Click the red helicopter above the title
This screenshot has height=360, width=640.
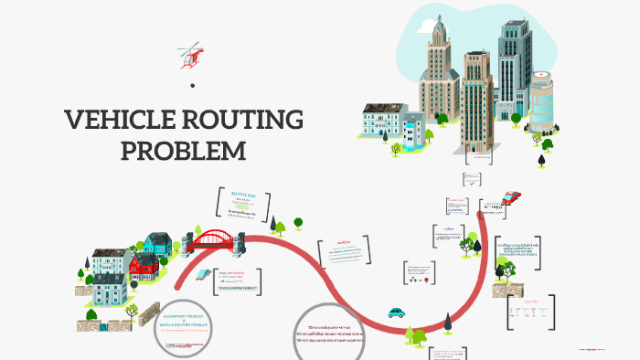[192, 54]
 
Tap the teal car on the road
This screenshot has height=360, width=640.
[397, 311]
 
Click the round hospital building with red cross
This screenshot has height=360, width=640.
[542, 101]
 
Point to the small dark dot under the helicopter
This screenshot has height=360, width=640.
[192, 85]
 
